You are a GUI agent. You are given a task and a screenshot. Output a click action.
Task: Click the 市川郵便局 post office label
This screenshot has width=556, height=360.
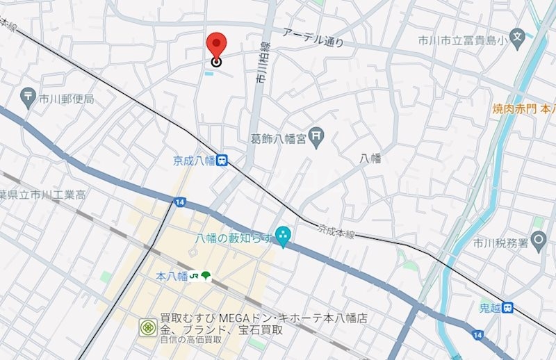coord(66,99)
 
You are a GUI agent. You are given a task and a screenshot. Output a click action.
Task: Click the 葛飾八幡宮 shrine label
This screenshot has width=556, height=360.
coord(278,139)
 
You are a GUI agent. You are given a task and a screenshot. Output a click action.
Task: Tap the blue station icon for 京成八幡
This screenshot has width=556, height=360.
coord(222,160)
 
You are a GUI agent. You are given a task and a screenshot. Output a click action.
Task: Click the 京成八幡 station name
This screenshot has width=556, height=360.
coord(193,161)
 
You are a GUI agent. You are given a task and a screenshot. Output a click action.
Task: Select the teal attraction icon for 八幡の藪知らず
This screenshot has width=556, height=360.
coord(283,236)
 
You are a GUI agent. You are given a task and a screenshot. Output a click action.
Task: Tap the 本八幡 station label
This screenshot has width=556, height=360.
coord(172,276)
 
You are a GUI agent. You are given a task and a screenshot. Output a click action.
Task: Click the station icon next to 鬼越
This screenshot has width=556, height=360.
coord(508,306)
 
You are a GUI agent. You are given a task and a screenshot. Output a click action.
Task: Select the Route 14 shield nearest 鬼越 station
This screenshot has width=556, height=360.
coord(477,335)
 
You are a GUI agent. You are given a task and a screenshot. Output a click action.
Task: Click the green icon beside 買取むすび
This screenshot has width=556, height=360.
coord(147,327)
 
